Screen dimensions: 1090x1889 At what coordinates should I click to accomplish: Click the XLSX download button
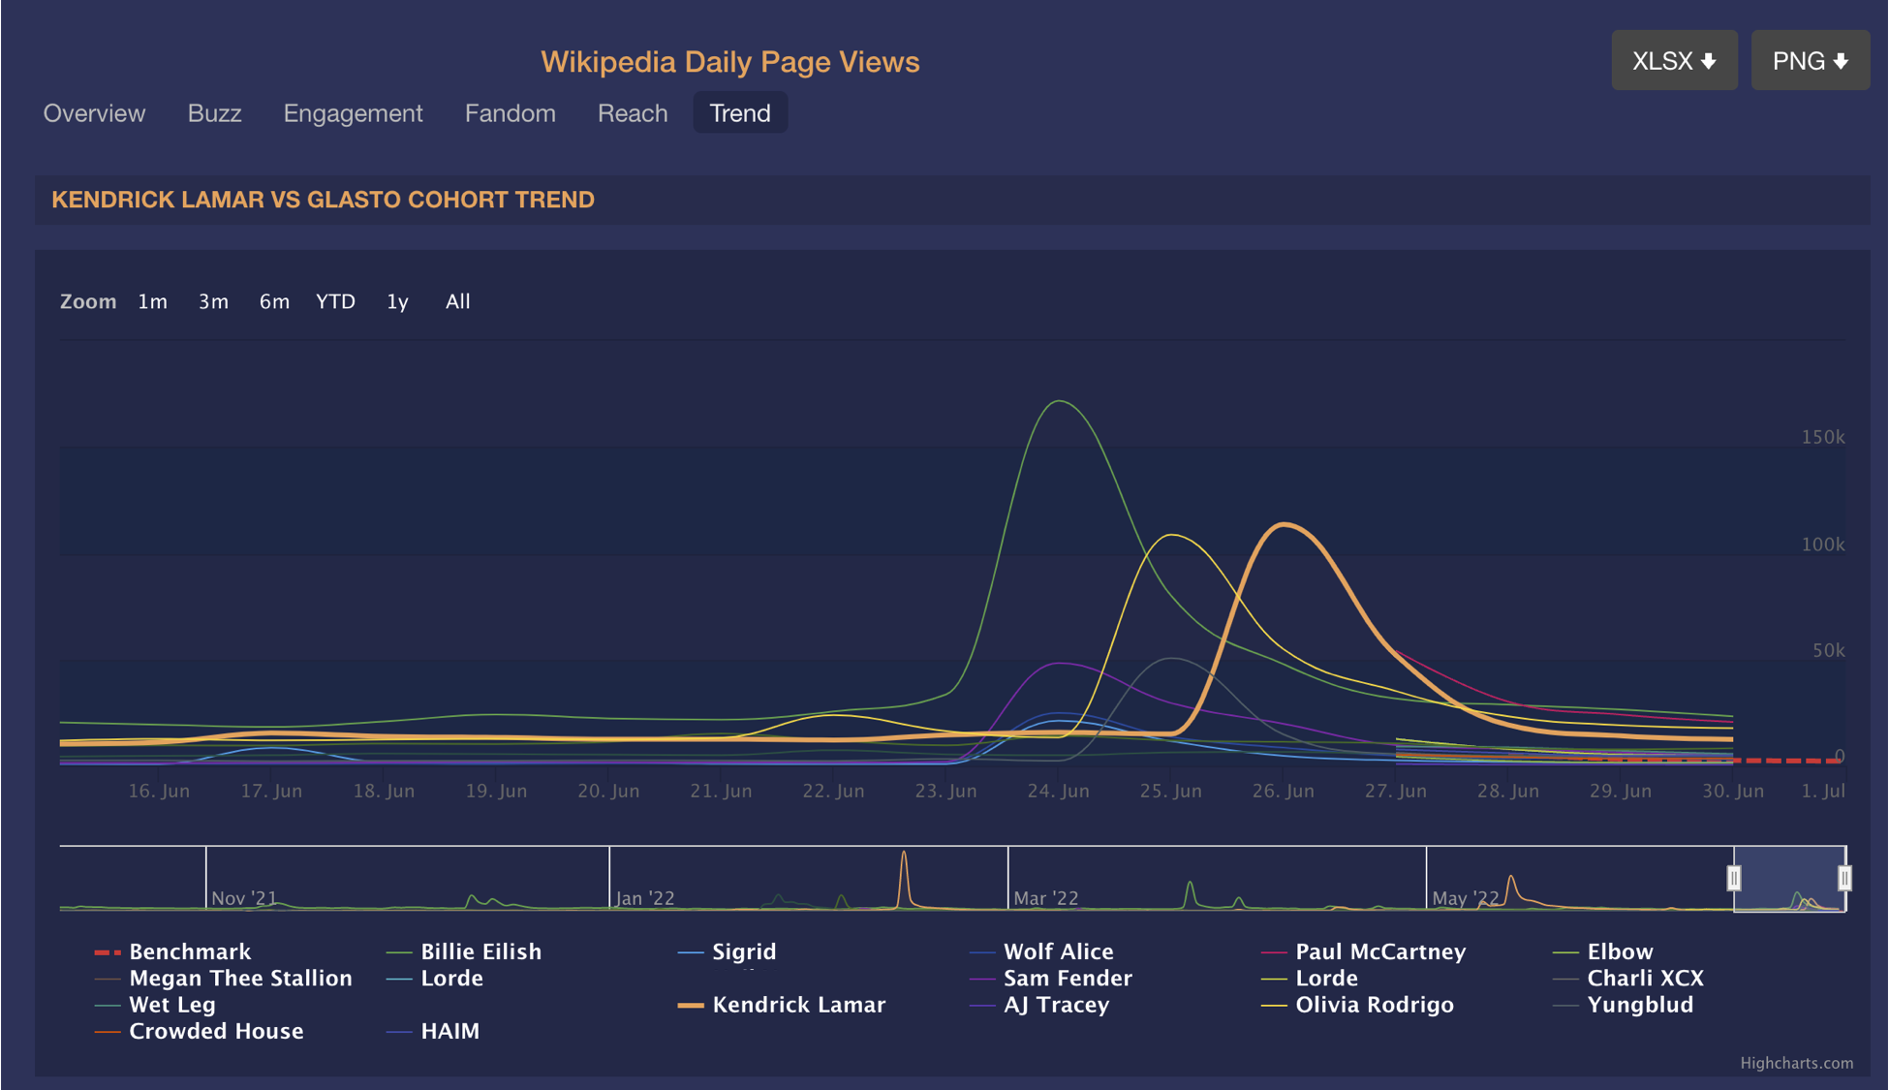1674,61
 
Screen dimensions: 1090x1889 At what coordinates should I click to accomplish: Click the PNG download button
1810,61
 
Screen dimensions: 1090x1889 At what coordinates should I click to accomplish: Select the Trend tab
740,113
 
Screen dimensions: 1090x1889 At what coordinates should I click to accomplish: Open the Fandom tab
510,113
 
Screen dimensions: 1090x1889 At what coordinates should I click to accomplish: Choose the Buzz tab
214,113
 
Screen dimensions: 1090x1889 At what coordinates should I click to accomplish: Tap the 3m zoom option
213,301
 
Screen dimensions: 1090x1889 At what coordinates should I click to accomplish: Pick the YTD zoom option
335,301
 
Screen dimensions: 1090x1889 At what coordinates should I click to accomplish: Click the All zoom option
457,301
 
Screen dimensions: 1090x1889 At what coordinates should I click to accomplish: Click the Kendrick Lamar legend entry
798,1005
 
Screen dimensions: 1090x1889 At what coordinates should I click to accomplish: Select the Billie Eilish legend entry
480,951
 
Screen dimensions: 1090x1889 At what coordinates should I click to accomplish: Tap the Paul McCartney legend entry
1379,951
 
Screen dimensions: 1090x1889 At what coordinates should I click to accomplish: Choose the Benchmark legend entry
190,951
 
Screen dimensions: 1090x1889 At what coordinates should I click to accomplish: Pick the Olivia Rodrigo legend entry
1374,1005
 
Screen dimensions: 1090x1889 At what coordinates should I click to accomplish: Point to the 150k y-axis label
1822,437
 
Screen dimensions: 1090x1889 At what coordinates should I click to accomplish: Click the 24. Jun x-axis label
1058,791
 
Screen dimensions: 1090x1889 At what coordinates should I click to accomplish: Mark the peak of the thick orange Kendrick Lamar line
1285,524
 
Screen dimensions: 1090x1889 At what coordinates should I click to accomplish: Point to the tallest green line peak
1060,401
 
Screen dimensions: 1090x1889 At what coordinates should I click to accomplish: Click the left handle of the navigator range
1734,878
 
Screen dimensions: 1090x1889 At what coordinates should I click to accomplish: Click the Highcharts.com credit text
1796,1063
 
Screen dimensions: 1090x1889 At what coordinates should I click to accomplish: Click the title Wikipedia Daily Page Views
729,62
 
